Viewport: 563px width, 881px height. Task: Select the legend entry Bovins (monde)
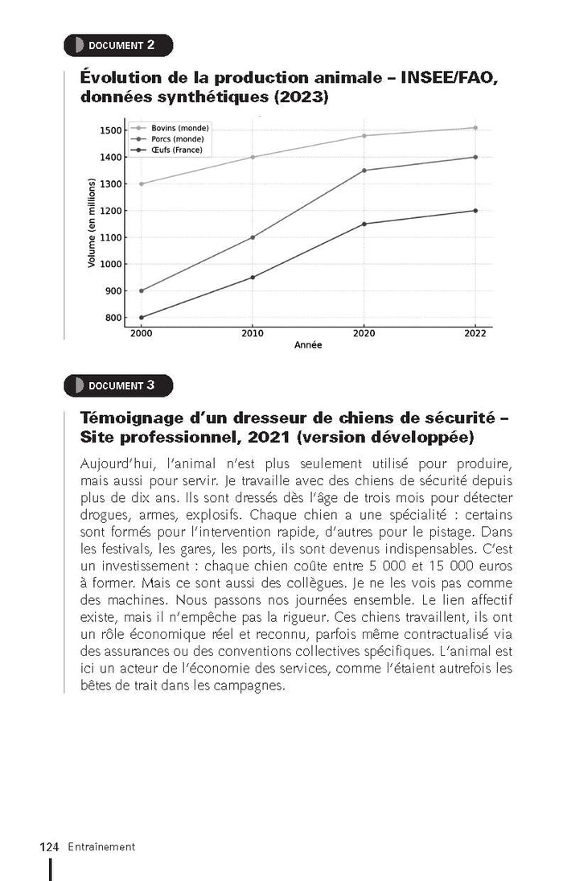179,129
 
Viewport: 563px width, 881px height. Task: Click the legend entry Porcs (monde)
178,139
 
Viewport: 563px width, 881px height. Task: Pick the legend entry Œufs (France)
176,150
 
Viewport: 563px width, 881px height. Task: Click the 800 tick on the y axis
113,318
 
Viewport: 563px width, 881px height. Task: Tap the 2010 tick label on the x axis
253,333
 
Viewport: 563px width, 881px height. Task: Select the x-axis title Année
308,345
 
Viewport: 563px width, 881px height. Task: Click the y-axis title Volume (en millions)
92,224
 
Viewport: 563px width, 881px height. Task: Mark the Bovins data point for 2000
142,183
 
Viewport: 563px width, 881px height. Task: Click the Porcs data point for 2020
364,171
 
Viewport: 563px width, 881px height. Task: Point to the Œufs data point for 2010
253,278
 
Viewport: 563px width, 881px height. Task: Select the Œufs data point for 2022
475,211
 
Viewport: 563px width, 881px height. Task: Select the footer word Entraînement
101,846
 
